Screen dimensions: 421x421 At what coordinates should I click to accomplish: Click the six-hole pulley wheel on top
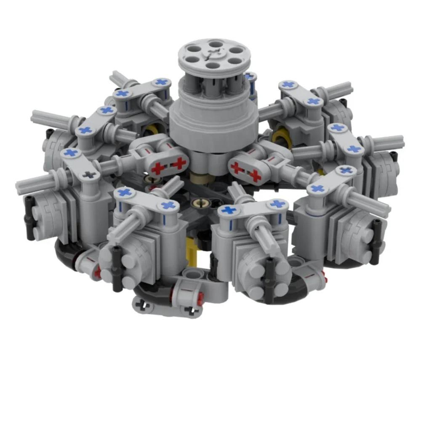pos(210,57)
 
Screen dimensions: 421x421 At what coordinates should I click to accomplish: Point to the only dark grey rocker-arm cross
pos(88,174)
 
